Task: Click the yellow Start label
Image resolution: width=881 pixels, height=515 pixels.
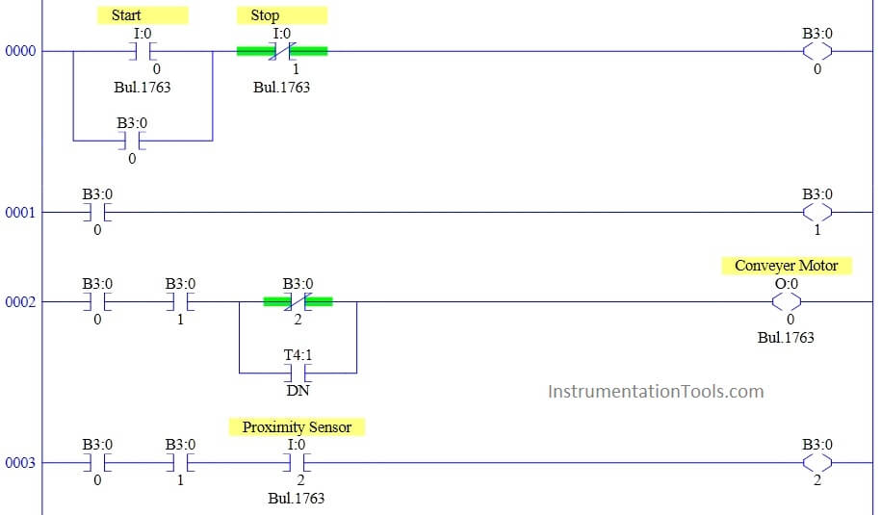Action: pyautogui.click(x=143, y=15)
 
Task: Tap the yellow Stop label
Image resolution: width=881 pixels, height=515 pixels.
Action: pyautogui.click(x=281, y=15)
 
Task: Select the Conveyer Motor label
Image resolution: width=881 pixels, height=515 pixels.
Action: pyautogui.click(x=787, y=266)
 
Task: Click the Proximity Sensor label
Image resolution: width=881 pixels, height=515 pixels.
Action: pyautogui.click(x=297, y=426)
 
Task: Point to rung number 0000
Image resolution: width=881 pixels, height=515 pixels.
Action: pyautogui.click(x=20, y=51)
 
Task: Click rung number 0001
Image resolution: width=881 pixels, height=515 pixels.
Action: pyautogui.click(x=20, y=213)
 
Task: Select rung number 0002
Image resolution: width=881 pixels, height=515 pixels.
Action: pyautogui.click(x=20, y=301)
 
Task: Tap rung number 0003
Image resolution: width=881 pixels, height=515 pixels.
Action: pyautogui.click(x=20, y=463)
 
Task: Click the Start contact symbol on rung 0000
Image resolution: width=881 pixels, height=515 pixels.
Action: pyautogui.click(x=143, y=51)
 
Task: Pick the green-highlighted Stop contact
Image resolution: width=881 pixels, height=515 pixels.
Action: pyautogui.click(x=282, y=51)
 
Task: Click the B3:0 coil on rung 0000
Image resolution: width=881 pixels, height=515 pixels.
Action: pyautogui.click(x=817, y=51)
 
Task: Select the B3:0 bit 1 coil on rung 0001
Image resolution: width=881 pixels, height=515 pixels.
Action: pyautogui.click(x=817, y=213)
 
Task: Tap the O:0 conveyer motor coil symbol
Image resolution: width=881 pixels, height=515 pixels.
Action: pyautogui.click(x=787, y=301)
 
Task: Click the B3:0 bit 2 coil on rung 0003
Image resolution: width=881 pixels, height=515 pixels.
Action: pyautogui.click(x=817, y=463)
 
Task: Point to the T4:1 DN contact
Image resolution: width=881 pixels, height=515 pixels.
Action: pyautogui.click(x=298, y=373)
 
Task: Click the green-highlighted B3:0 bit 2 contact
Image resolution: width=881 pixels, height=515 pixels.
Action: pyautogui.click(x=298, y=301)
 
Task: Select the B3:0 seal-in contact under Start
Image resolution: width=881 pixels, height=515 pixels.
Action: pyautogui.click(x=132, y=141)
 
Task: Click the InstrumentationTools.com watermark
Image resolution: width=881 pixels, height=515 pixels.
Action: pyautogui.click(x=656, y=392)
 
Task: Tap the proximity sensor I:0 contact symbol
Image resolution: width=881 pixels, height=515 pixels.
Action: pyautogui.click(x=298, y=463)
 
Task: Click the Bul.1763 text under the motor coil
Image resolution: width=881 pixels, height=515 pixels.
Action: pyautogui.click(x=786, y=338)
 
